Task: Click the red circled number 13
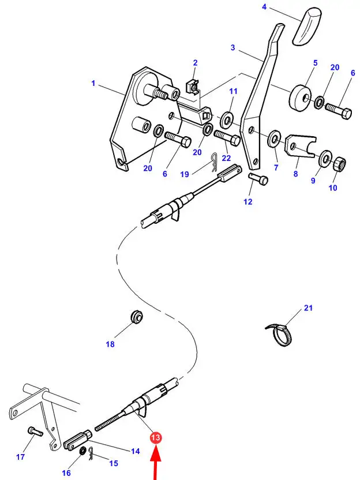pyautogui.click(x=156, y=438)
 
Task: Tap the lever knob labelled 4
pyautogui.click(x=307, y=27)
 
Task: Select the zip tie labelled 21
pyautogui.click(x=279, y=335)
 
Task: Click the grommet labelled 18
pyautogui.click(x=136, y=317)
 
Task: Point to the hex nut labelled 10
pyautogui.click(x=339, y=164)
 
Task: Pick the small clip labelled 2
pyautogui.click(x=192, y=86)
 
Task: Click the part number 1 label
pyautogui.click(x=93, y=83)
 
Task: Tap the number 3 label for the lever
pyautogui.click(x=233, y=47)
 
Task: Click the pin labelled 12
pyautogui.click(x=258, y=178)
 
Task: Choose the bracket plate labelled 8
pyautogui.click(x=301, y=147)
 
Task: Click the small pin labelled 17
pyautogui.click(x=35, y=432)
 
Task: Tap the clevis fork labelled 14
pyautogui.click(x=78, y=440)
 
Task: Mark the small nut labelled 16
pyautogui.click(x=82, y=451)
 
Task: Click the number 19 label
pyautogui.click(x=185, y=174)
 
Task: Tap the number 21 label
pyautogui.click(x=308, y=307)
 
